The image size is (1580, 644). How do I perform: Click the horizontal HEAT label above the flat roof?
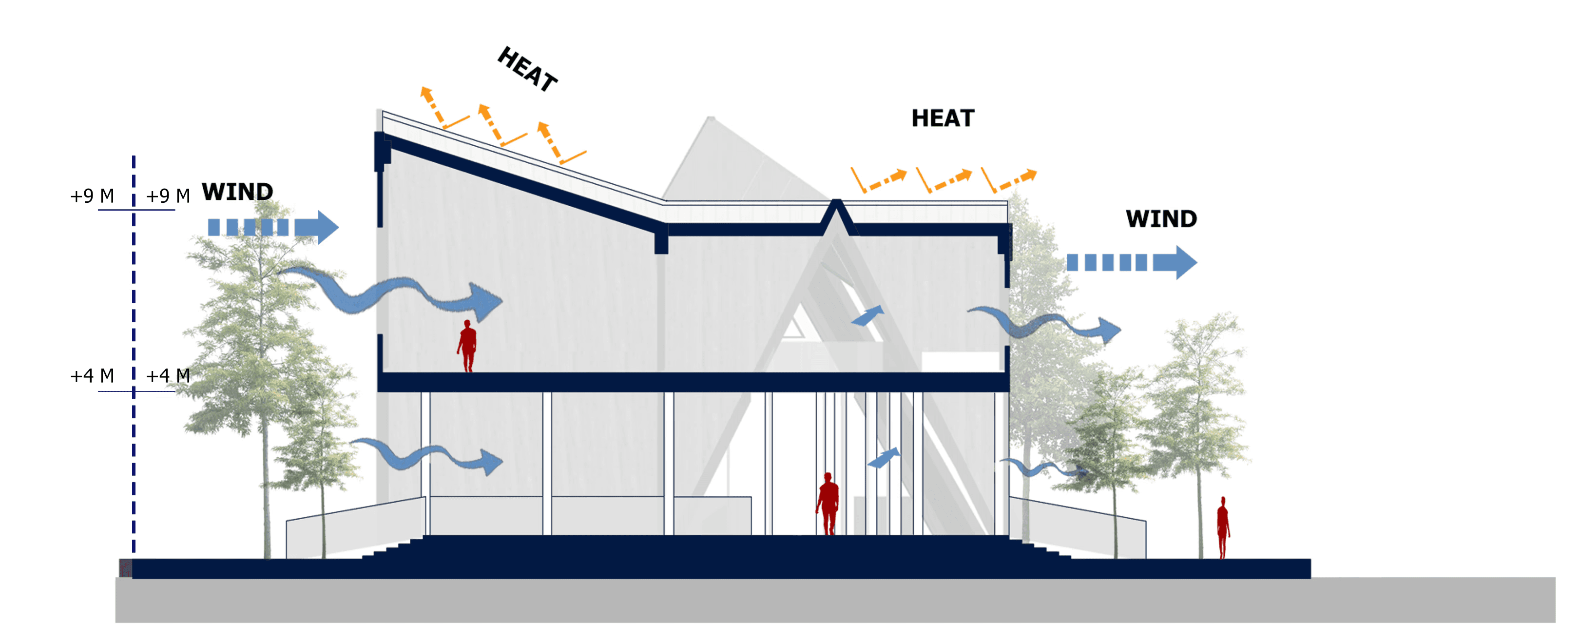click(943, 118)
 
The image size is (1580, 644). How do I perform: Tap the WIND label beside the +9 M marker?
click(237, 192)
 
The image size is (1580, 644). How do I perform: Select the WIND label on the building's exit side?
click(1161, 219)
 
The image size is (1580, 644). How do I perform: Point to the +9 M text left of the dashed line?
click(92, 196)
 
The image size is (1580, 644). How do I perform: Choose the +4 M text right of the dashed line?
click(168, 376)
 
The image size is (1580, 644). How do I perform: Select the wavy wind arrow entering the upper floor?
click(392, 293)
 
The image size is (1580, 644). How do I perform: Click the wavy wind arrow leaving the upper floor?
click(1049, 324)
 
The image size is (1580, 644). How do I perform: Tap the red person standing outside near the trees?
click(1223, 527)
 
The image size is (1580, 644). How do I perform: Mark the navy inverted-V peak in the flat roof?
click(836, 212)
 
